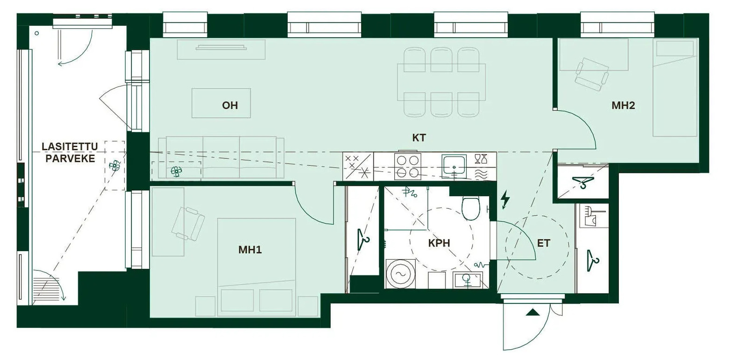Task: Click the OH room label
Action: tap(230, 106)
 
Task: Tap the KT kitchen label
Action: tap(419, 138)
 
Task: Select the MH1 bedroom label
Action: tap(250, 250)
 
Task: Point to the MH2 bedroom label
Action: tap(623, 106)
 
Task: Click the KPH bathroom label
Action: tap(439, 243)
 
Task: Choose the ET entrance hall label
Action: tap(544, 243)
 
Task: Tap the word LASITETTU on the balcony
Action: tap(70, 146)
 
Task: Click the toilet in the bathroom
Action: tap(471, 208)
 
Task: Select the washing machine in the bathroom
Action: tap(400, 274)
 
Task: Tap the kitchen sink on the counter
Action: tap(454, 165)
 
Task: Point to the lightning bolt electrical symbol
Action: tap(505, 199)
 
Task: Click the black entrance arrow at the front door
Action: tap(532, 312)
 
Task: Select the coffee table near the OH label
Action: tap(221, 103)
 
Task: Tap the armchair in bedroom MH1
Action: tap(188, 224)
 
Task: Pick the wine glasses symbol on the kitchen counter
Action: tap(482, 159)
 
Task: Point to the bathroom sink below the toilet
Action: tap(468, 280)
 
